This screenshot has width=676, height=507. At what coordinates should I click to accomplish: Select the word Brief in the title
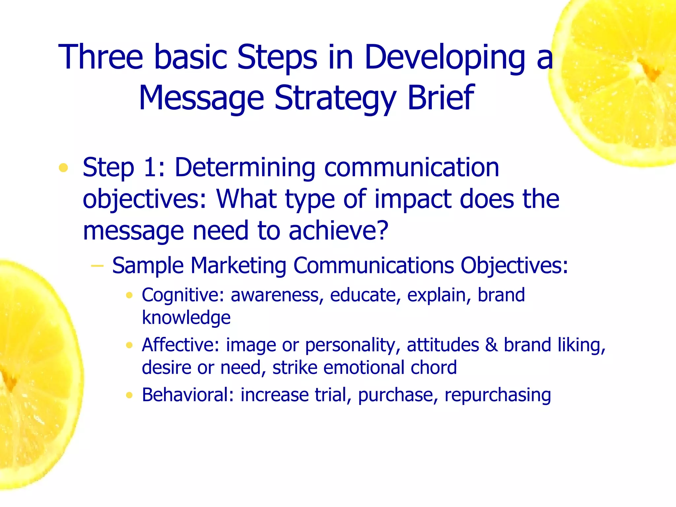pos(441,98)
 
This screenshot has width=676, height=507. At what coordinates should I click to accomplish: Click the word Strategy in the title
pos(335,98)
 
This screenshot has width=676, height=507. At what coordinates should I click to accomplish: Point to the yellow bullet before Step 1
pos(63,168)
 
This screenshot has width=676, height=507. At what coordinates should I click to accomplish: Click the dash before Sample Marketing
pos(97,265)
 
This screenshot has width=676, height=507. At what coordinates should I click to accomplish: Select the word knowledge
pos(186,318)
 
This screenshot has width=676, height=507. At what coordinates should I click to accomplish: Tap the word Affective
pos(180,345)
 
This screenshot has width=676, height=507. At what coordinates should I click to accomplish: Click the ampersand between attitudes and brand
pos(491,345)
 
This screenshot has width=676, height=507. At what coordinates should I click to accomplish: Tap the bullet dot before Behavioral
pos(129,395)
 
